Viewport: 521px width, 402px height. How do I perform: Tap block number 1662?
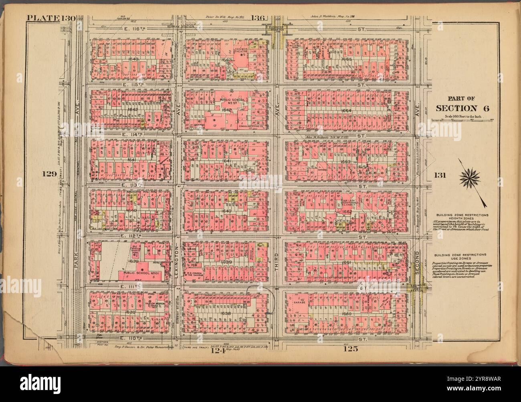coord(347,212)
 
